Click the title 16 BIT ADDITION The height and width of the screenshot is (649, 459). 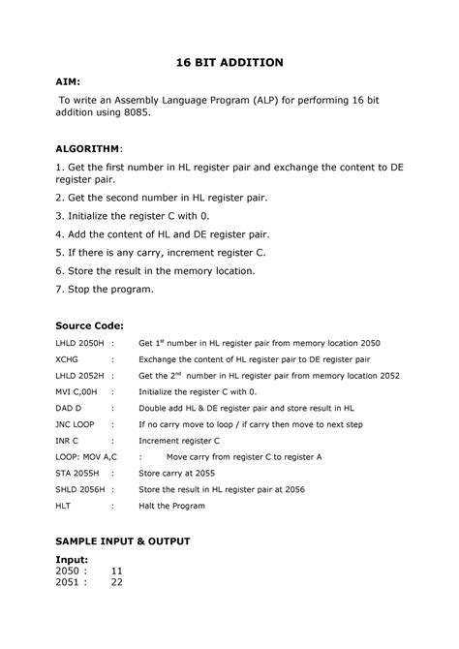(x=229, y=62)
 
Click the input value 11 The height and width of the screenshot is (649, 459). (x=117, y=571)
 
